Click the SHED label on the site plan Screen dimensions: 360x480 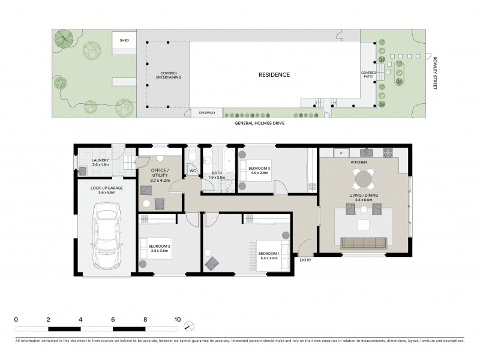click(124, 40)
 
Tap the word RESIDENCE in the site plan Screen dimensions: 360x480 click(274, 75)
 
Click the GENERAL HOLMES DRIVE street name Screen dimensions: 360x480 click(259, 122)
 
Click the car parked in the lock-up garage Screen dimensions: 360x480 click(106, 236)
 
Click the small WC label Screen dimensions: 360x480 click(193, 171)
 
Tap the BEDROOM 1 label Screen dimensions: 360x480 click(269, 254)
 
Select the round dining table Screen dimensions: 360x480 click(364, 178)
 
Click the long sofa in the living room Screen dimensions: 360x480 click(363, 243)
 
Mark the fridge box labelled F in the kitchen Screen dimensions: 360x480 click(339, 152)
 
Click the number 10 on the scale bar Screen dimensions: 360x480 click(177, 319)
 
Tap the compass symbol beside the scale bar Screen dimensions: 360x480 click(189, 326)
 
